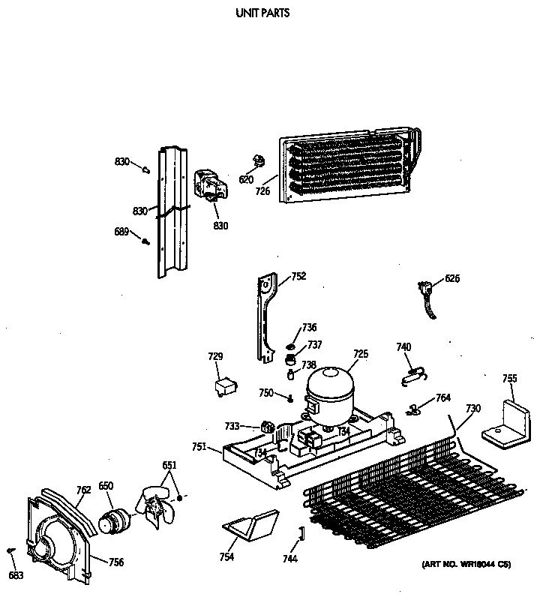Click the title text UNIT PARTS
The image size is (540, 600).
pyautogui.click(x=262, y=13)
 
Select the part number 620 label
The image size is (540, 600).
pyautogui.click(x=246, y=180)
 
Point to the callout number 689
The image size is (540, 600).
pyautogui.click(x=121, y=232)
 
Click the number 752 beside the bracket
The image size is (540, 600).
pyautogui.click(x=298, y=276)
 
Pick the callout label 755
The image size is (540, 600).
pyautogui.click(x=509, y=378)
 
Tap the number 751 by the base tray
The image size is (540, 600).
pyautogui.click(x=199, y=447)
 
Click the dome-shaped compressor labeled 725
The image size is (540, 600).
pyautogui.click(x=331, y=390)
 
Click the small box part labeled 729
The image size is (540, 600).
pyautogui.click(x=223, y=385)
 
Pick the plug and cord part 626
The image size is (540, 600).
pyautogui.click(x=429, y=295)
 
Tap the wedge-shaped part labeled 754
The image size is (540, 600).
pyautogui.click(x=251, y=526)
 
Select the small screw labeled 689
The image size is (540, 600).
pyautogui.click(x=146, y=241)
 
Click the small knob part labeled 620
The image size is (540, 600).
pyautogui.click(x=259, y=160)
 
